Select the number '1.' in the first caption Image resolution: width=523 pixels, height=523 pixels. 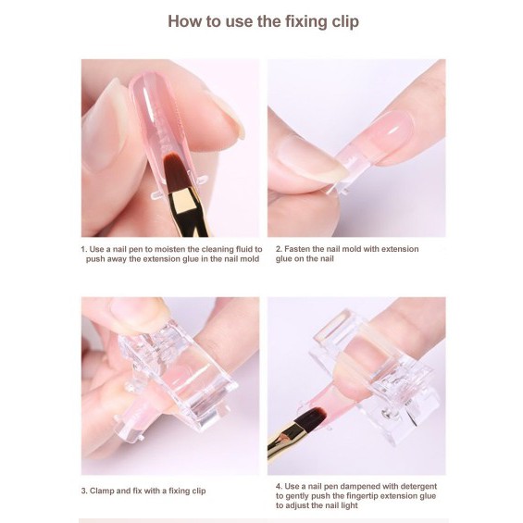[84, 250]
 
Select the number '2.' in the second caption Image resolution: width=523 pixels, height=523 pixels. [279, 249]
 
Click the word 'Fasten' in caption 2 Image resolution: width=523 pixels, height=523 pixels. [296, 249]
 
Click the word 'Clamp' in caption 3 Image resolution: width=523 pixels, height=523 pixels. [100, 491]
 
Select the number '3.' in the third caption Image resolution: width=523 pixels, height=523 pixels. [84, 491]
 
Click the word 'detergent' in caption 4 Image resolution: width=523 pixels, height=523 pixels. [418, 487]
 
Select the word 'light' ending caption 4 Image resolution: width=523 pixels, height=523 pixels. [349, 505]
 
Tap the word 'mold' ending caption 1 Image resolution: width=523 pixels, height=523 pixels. [251, 259]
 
